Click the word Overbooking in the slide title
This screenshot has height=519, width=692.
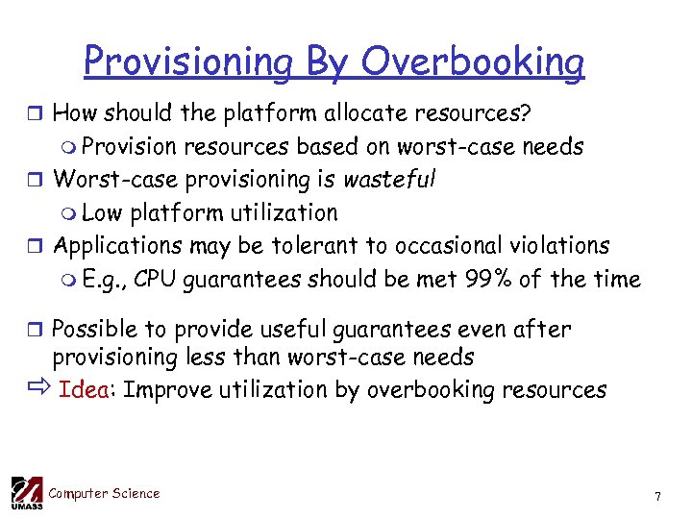pos(472,62)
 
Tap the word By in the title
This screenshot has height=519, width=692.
pos(329,62)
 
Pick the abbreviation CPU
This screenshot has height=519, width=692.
pos(156,280)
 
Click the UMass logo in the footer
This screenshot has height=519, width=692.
pos(26,493)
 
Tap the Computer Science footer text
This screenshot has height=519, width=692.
pos(104,493)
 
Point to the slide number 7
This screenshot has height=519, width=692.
pos(657,497)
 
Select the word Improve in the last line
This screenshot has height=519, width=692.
pos(164,389)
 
